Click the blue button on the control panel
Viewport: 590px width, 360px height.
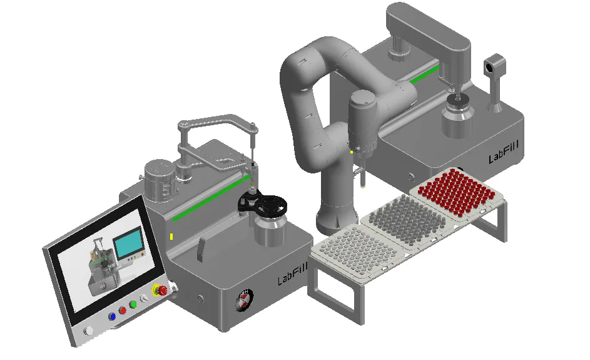tap(112, 317)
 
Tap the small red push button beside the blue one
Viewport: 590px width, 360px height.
tap(123, 311)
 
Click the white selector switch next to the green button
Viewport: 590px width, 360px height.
tap(143, 299)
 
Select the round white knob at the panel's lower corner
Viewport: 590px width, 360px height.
tap(89, 331)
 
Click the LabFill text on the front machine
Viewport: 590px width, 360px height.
tap(292, 274)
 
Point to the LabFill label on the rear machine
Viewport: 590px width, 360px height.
tap(504, 152)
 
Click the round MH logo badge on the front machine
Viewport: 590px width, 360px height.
tap(245, 300)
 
